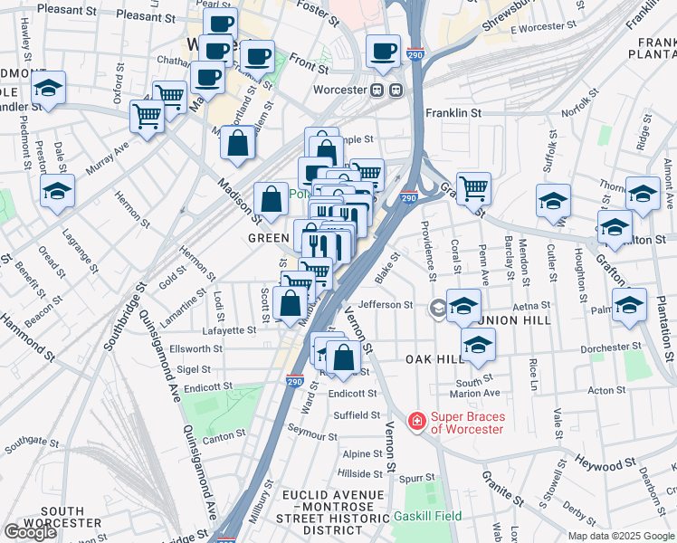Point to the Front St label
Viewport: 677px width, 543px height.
point(309,67)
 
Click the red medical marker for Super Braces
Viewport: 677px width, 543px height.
point(416,422)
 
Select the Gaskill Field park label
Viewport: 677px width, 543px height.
point(427,516)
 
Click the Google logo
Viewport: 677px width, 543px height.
point(30,532)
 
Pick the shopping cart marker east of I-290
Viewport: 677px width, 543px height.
point(472,188)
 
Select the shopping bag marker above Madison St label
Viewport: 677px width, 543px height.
point(237,145)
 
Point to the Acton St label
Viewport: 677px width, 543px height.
point(601,391)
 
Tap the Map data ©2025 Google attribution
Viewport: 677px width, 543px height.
point(621,536)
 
